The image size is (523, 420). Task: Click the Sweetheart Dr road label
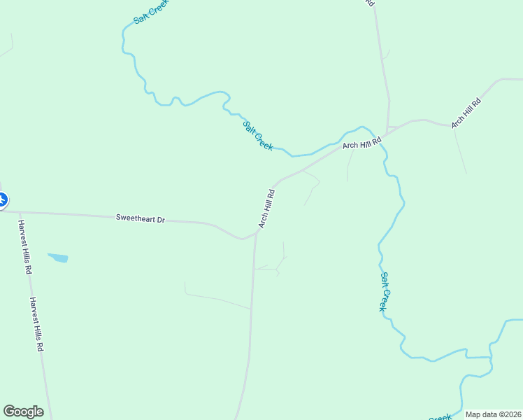[x=141, y=219]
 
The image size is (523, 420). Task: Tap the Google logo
[x=23, y=412]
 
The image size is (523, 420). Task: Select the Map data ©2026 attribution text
[x=494, y=414]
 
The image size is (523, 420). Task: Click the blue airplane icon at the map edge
[x=2, y=200]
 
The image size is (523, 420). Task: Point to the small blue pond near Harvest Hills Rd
[x=58, y=258]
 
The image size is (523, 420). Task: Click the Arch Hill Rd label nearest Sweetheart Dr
[x=266, y=207]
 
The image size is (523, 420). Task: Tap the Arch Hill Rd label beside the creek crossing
[x=362, y=143]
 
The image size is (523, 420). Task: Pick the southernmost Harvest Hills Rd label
[x=36, y=324]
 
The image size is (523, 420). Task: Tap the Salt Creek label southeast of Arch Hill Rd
[x=384, y=291]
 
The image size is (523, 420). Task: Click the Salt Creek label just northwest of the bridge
[x=257, y=135]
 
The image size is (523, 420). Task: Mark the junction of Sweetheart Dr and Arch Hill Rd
[x=256, y=233]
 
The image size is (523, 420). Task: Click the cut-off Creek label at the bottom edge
[x=439, y=417]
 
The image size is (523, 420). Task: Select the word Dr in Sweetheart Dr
[x=160, y=220]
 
